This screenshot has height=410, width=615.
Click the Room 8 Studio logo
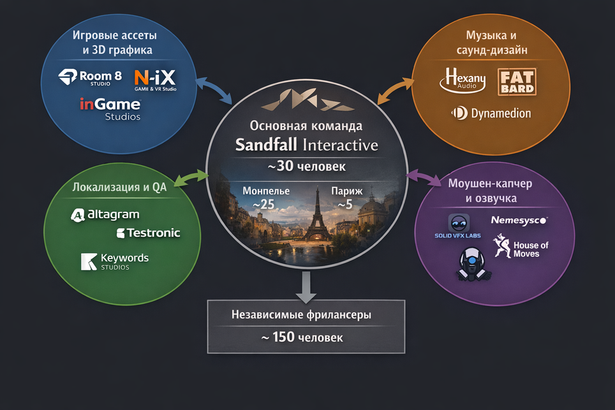coord(90,78)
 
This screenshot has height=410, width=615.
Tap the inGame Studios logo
coord(110,108)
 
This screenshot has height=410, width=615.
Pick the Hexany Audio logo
coord(463,82)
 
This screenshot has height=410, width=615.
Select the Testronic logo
coord(149,233)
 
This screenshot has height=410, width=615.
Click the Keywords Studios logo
coord(115,261)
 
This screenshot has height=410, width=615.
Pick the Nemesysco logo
coord(519,220)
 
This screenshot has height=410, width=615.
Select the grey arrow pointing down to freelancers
coord(306,286)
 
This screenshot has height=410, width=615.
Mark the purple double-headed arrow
coord(424,177)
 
